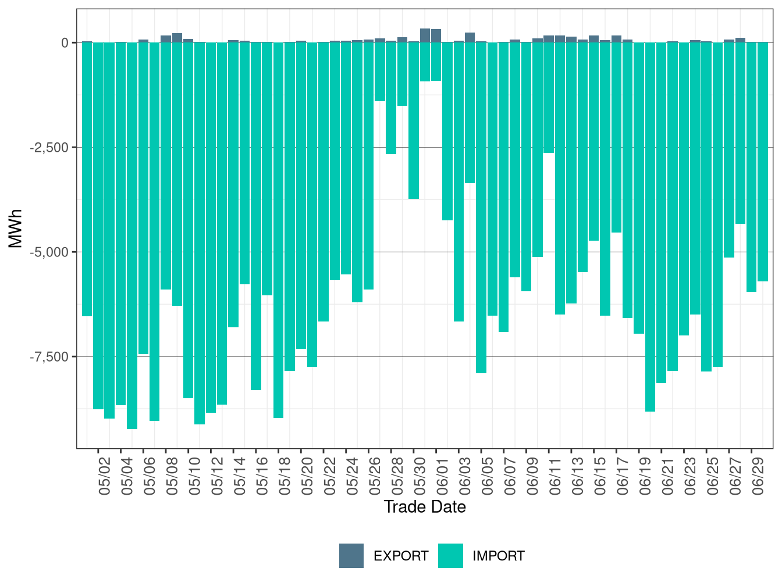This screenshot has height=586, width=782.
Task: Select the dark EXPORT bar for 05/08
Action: pos(166,39)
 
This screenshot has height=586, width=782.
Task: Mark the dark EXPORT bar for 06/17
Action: pos(616,39)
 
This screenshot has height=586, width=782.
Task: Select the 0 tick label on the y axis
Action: pos(65,43)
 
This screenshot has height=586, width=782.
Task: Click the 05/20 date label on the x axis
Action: pos(307,476)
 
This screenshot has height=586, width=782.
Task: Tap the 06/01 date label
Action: pos(442,476)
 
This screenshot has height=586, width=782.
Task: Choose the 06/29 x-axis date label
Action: pos(758,476)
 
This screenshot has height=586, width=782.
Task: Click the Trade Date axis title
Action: pos(425,507)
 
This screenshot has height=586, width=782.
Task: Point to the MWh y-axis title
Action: pos(16,228)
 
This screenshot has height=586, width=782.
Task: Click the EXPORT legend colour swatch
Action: pos(351,556)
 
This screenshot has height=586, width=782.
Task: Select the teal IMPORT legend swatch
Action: pos(450,556)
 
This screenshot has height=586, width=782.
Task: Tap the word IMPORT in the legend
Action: pos(498,556)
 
